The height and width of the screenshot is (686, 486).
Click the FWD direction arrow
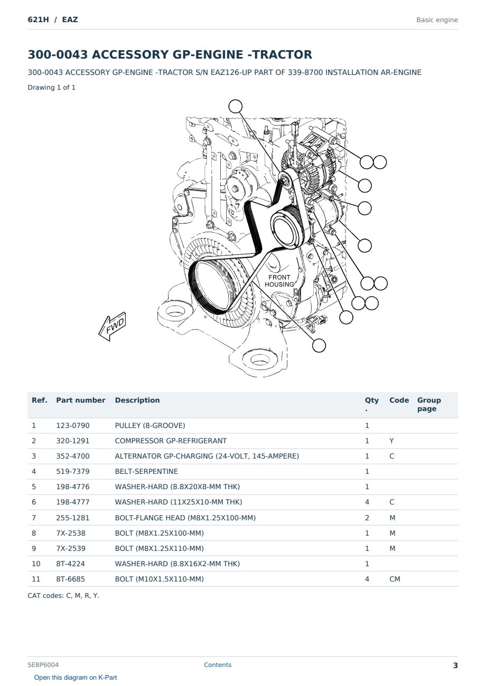[112, 327]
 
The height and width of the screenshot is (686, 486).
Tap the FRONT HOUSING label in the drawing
[279, 281]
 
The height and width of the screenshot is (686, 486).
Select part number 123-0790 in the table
[73, 425]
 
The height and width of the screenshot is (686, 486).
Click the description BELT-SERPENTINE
[146, 471]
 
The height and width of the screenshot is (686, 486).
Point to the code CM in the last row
[395, 579]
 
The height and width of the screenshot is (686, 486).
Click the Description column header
[137, 400]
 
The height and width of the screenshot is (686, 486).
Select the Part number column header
[81, 400]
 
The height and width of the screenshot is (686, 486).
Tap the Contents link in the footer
[218, 664]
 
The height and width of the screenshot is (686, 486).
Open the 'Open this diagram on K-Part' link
[76, 677]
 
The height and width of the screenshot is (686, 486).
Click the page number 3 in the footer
[455, 665]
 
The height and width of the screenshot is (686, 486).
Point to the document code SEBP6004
[43, 664]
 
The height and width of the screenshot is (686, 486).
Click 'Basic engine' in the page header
[437, 20]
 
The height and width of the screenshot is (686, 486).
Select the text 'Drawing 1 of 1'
[52, 87]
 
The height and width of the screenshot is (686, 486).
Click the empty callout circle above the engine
[236, 106]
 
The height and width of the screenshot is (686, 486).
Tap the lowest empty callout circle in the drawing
[319, 346]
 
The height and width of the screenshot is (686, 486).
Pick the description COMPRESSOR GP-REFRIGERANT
[171, 441]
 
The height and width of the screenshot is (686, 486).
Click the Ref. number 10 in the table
[36, 564]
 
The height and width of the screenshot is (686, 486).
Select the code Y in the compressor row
[391, 441]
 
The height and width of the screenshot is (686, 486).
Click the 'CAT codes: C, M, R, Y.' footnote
[63, 595]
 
